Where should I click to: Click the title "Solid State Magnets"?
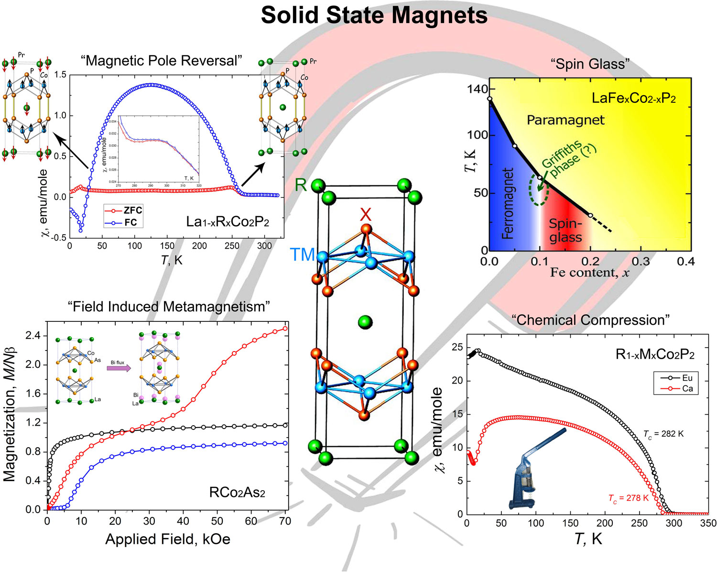click(x=374, y=16)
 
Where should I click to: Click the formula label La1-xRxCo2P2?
click(x=228, y=222)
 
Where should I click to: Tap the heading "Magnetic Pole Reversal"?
click(x=162, y=61)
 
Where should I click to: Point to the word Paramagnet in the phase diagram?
click(x=565, y=120)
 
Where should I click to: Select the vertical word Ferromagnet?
click(x=508, y=203)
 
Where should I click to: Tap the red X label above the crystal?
click(x=365, y=215)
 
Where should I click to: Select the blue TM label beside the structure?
click(x=302, y=255)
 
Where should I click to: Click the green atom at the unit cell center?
click(x=365, y=322)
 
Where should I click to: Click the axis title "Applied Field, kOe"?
click(x=168, y=539)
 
